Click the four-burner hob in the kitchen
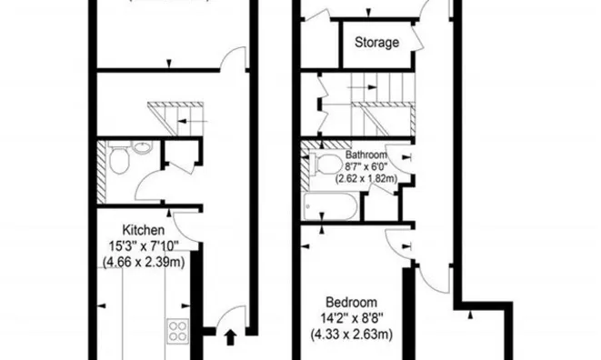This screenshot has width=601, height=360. coord(177,332)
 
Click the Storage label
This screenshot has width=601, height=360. coord(376,42)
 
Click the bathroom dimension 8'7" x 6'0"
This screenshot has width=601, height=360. coord(366,165)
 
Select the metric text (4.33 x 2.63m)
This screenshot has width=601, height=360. coord(353,334)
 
